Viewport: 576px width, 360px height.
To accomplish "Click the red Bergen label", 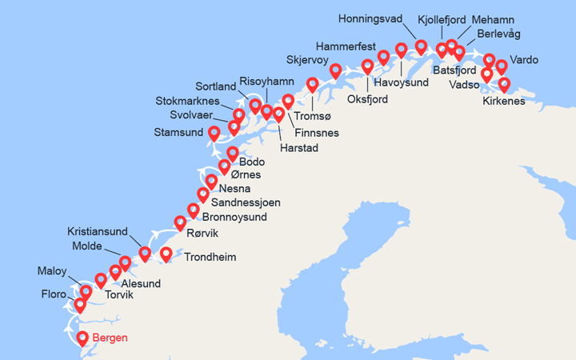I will tap(110, 338).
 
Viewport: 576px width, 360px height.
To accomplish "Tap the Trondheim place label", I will tap(210, 258).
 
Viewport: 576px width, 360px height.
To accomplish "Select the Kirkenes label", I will tap(504, 102).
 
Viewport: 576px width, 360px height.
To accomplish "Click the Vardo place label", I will tap(524, 60).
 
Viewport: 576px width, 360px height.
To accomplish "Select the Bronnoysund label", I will tap(236, 217).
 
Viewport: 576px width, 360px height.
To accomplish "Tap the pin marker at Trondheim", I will tap(166, 254).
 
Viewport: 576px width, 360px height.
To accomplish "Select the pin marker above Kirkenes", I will tap(504, 84).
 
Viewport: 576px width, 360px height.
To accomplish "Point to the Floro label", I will tap(54, 294).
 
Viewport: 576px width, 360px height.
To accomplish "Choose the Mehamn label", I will tap(494, 19).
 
